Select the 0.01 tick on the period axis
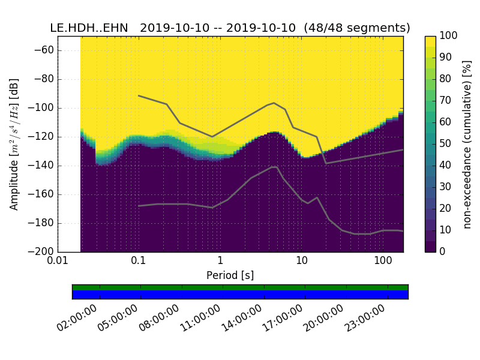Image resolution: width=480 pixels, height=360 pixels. point(58,262)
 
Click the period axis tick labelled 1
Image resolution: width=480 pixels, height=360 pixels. point(220,262)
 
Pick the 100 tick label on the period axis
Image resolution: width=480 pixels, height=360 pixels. point(383,262)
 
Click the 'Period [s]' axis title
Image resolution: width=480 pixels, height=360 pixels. point(230,275)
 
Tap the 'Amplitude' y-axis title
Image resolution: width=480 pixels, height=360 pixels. point(14,144)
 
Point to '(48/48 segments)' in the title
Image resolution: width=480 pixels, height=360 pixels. point(357,28)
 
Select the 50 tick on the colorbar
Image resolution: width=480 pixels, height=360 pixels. point(447,143)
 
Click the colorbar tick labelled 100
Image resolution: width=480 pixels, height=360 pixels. point(449,36)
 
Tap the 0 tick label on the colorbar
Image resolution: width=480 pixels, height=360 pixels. point(445,251)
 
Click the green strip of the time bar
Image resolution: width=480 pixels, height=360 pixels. point(240,287)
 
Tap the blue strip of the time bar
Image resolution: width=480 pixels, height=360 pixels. point(240,295)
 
